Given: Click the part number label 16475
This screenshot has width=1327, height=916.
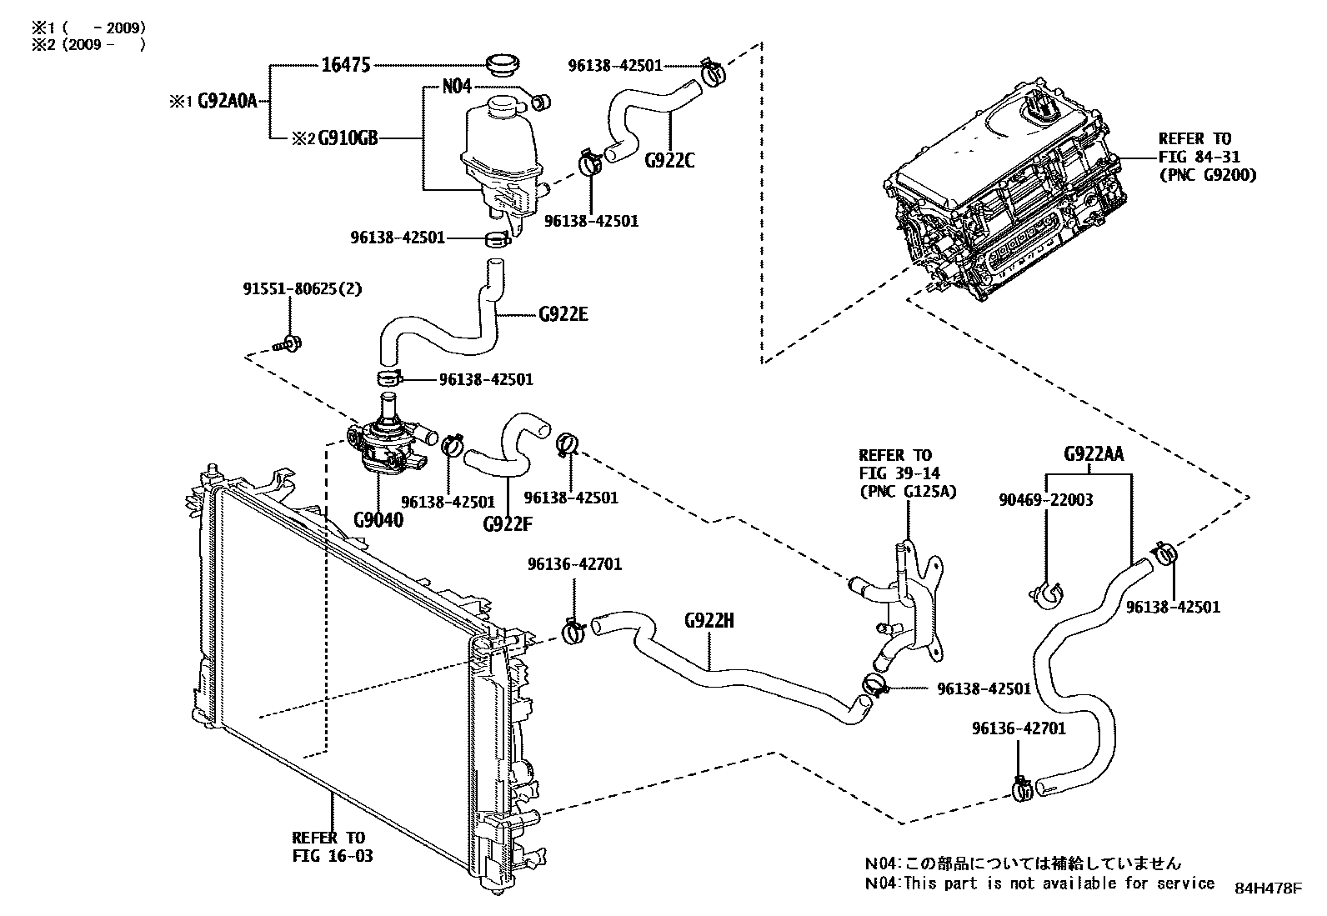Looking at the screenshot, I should [345, 65].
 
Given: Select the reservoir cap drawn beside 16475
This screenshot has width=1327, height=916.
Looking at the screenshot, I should [502, 64].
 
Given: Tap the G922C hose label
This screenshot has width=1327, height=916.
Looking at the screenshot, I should [669, 160].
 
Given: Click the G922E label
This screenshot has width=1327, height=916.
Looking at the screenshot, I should [563, 314].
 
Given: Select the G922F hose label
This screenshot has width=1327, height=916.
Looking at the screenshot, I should [507, 523].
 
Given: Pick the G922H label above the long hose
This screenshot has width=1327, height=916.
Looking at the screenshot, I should [709, 620].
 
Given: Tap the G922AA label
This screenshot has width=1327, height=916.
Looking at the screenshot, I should [1094, 454].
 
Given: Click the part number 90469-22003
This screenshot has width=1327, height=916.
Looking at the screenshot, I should [1046, 500].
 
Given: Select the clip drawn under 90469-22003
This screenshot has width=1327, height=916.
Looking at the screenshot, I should [1047, 593].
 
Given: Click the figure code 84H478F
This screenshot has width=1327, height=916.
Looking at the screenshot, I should [1268, 888].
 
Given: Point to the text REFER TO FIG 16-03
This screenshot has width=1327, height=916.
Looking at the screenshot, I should [332, 847].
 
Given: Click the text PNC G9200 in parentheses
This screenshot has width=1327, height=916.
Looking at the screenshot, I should [1206, 175].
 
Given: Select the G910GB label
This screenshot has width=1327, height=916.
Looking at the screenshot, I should [348, 138].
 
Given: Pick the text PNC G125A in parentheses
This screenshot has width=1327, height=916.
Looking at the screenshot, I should [908, 492].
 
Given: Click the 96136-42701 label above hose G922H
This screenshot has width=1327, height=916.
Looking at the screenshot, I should [574, 564].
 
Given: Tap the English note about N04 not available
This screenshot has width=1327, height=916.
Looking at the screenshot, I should [1039, 883].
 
